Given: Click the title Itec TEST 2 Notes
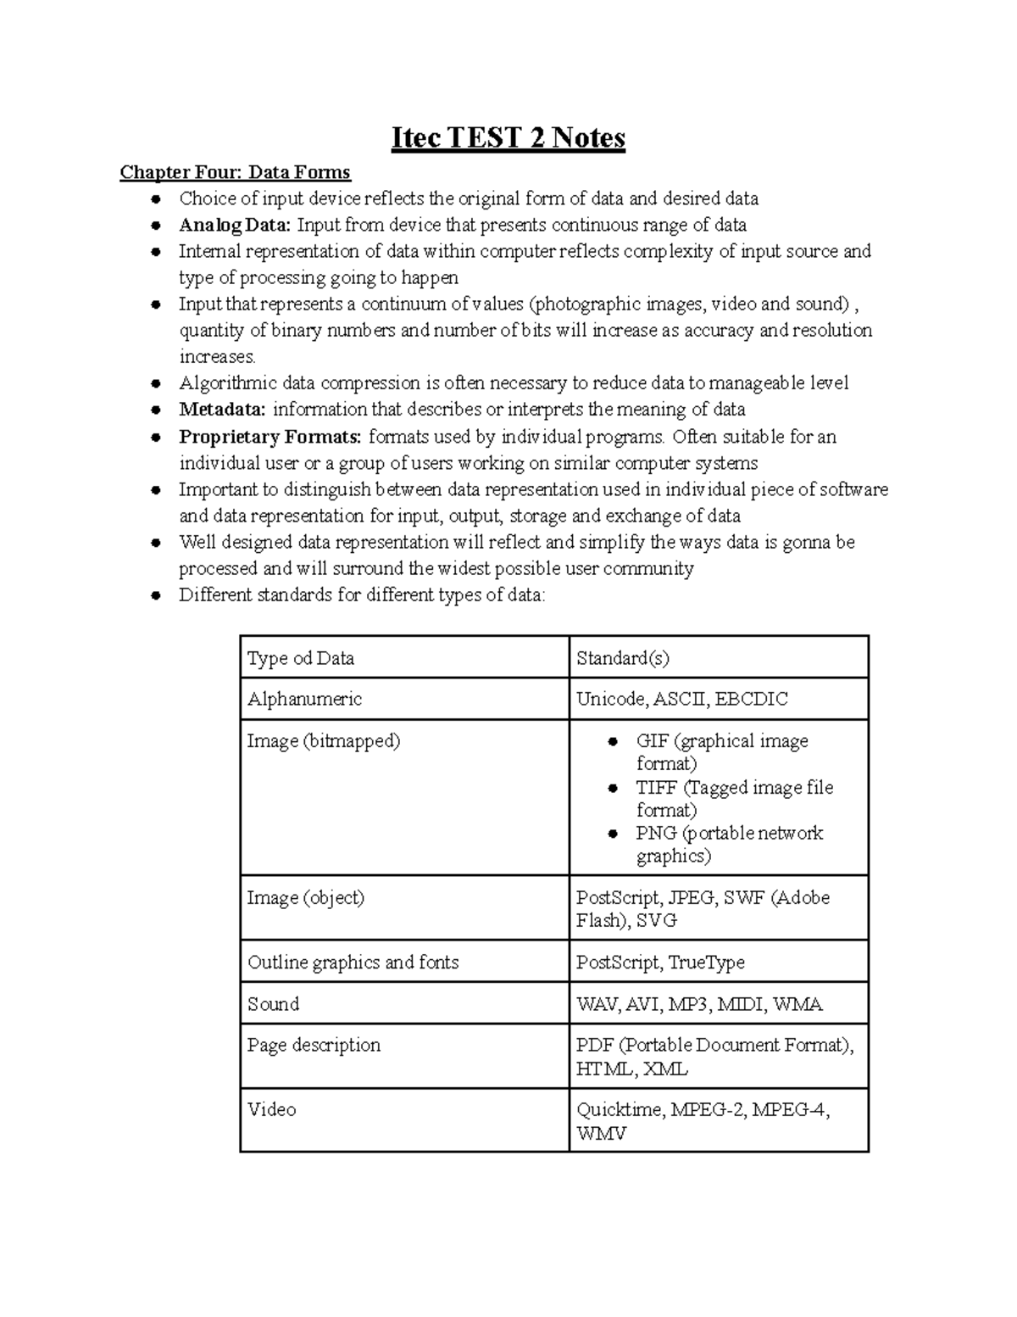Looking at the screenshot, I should [508, 137].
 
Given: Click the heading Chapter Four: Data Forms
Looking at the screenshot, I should [235, 173].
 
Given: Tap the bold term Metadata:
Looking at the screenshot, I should [222, 410].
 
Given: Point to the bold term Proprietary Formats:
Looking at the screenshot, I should [270, 437].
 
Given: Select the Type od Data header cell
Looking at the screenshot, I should [300, 658].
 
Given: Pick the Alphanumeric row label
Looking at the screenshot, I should [304, 700].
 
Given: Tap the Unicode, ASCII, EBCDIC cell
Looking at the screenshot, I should [681, 700].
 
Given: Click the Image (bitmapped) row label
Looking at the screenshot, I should [323, 741].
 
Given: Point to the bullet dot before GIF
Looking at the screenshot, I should [613, 742].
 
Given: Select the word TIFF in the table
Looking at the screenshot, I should [656, 788].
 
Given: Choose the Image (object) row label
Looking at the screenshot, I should [305, 898].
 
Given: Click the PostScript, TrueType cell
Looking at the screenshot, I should [660, 963].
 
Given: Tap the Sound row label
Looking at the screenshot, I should [273, 1004].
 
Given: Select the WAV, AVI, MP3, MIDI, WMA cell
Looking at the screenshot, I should [699, 1004].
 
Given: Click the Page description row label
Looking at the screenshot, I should [314, 1046].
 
